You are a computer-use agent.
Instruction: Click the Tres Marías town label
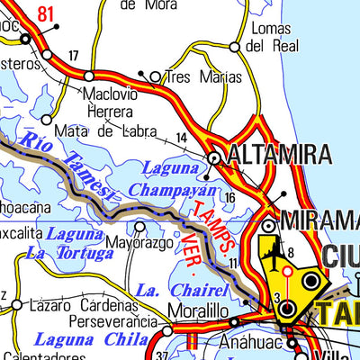coord(203,77)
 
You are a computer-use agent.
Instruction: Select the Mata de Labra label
coord(92,130)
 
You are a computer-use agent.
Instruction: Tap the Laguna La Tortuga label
coord(69,244)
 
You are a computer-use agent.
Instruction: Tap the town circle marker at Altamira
coord(215,158)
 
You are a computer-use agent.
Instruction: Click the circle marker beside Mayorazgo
coord(139,227)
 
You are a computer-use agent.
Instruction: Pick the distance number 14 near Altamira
coord(182,137)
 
